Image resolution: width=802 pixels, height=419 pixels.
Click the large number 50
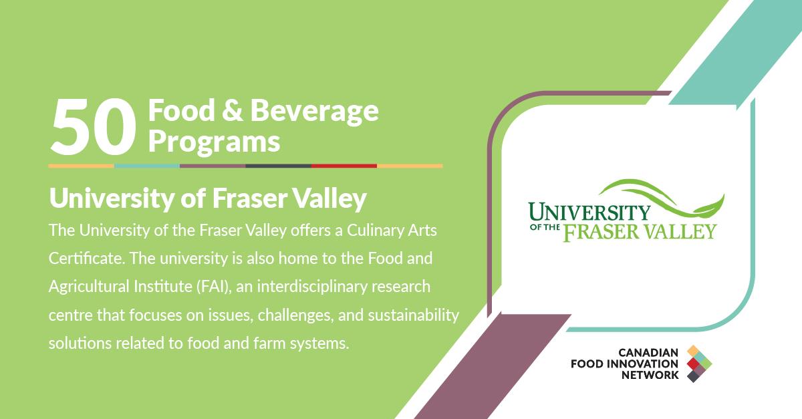pyautogui.click(x=94, y=127)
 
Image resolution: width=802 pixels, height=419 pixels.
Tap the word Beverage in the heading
pyautogui.click(x=314, y=111)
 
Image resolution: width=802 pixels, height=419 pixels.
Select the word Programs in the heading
pyautogui.click(x=214, y=142)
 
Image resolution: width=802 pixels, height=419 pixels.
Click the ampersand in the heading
pyautogui.click(x=232, y=111)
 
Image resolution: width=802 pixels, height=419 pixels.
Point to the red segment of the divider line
pyautogui.click(x=344, y=166)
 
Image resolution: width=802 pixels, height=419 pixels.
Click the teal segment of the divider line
pyautogui.click(x=147, y=166)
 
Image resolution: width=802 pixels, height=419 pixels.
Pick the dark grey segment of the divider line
pyautogui.click(x=278, y=166)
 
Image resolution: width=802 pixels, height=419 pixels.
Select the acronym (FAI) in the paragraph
pyautogui.click(x=214, y=287)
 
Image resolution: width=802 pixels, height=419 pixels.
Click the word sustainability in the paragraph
pyautogui.click(x=414, y=315)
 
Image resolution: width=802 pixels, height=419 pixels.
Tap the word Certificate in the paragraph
pyautogui.click(x=87, y=258)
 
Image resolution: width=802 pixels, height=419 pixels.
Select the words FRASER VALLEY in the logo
pyautogui.click(x=640, y=232)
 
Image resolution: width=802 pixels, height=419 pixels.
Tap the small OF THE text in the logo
pyautogui.click(x=544, y=227)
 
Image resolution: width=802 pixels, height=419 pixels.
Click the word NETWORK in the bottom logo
pyautogui.click(x=650, y=376)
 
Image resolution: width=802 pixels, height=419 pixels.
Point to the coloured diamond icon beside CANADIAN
pyautogui.click(x=699, y=364)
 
